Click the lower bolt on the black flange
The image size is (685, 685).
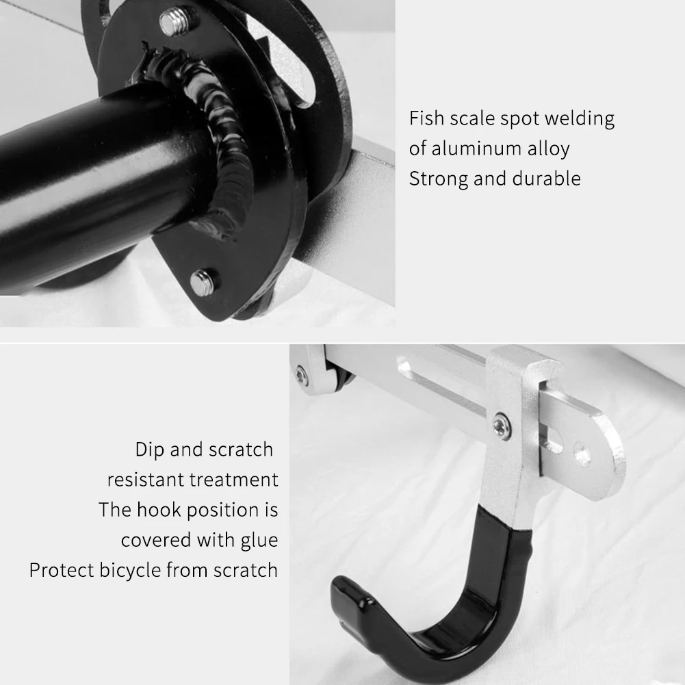click(x=203, y=281)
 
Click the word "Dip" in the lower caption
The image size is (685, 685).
click(x=151, y=450)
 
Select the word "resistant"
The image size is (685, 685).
click(x=145, y=480)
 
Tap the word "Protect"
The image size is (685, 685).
click(x=60, y=570)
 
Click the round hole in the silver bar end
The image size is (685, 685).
click(x=582, y=453)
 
